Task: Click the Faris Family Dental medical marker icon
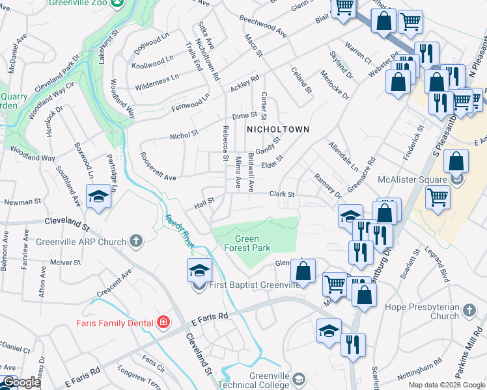click(x=163, y=322)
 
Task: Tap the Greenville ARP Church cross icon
click(x=136, y=242)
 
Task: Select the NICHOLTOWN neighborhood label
click(x=277, y=129)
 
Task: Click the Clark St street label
click(x=283, y=194)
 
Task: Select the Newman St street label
click(x=18, y=203)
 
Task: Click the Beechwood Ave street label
click(x=263, y=27)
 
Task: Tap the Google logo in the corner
click(x=20, y=382)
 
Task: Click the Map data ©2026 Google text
click(x=446, y=385)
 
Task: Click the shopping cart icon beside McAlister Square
click(x=438, y=197)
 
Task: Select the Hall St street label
click(x=204, y=205)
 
